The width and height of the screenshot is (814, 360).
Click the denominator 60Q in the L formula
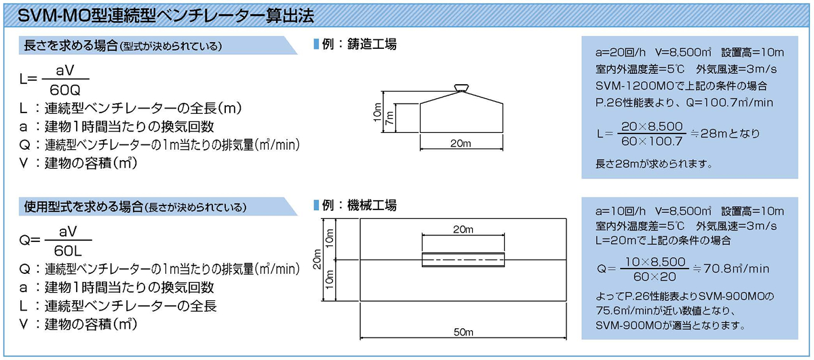click(x=65, y=89)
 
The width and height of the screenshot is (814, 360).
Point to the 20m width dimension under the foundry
click(x=461, y=143)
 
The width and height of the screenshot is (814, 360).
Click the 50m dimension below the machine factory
click(x=463, y=332)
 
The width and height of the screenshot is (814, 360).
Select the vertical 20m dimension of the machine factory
click(x=317, y=260)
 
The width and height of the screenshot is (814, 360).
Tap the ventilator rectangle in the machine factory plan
click(x=463, y=260)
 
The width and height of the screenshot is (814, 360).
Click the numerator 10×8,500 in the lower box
click(x=655, y=261)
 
